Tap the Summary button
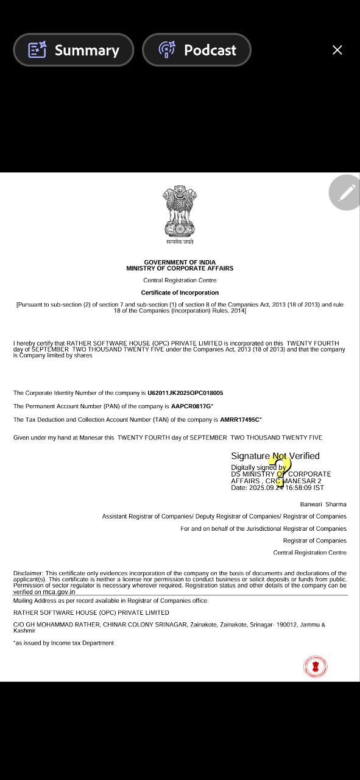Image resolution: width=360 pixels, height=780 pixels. click(x=74, y=50)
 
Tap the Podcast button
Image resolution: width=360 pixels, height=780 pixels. click(x=197, y=50)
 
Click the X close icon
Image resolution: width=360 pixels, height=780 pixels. click(x=337, y=50)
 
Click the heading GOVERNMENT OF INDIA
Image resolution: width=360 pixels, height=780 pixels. click(x=180, y=262)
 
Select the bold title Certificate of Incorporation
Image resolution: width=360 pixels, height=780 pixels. click(x=180, y=292)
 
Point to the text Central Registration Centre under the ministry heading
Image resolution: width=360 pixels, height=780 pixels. click(x=180, y=280)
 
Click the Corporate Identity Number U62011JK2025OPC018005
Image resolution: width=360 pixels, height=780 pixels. click(x=185, y=393)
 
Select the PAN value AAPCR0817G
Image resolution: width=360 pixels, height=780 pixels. click(x=191, y=406)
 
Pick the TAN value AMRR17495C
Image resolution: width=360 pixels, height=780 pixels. click(x=240, y=420)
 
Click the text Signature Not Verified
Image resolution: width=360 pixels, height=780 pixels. click(x=275, y=456)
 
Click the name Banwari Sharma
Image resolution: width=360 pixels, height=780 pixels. click(x=323, y=505)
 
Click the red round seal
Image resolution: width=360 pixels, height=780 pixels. click(x=315, y=666)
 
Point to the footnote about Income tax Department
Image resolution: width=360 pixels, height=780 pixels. click(x=63, y=643)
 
